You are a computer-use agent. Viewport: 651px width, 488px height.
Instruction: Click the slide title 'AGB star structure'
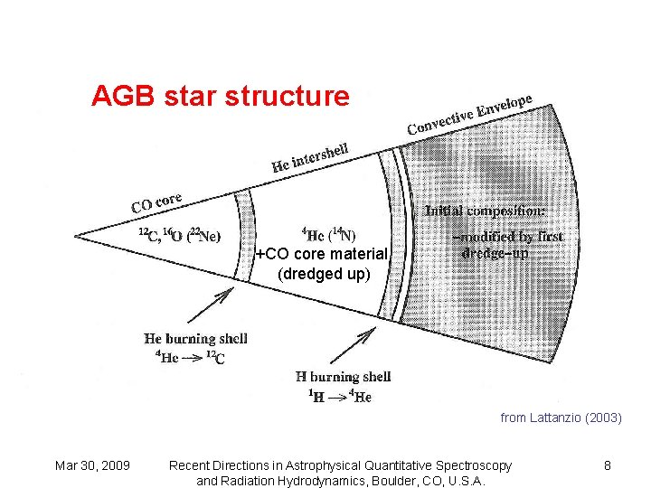220,96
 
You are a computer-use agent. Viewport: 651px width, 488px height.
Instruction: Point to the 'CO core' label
156,202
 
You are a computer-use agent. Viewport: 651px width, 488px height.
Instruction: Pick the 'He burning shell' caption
195,339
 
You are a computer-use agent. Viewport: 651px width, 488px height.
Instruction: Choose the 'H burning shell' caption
343,376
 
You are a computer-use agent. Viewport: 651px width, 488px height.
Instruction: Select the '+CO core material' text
321,255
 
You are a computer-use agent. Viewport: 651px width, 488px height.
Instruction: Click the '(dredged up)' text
324,274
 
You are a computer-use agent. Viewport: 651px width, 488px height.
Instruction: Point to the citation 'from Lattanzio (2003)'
561,418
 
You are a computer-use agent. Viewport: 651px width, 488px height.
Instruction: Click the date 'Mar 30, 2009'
92,465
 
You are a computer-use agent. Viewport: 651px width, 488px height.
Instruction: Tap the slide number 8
608,465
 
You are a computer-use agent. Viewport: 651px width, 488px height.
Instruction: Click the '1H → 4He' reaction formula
339,396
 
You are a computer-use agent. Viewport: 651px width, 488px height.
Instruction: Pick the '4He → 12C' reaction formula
185,358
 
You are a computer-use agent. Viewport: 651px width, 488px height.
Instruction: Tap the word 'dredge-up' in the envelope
495,254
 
